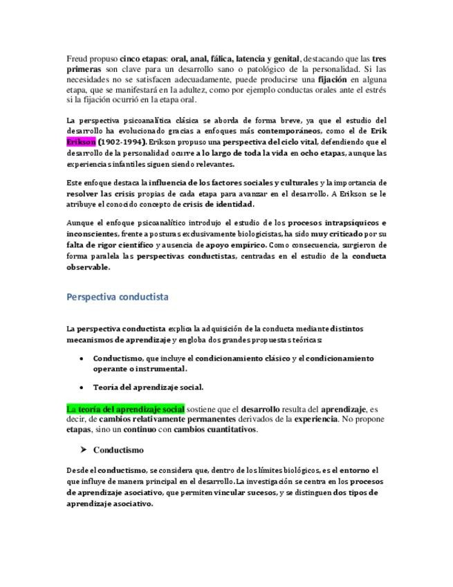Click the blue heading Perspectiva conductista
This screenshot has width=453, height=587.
tap(118, 297)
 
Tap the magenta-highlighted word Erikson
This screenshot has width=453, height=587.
tap(82, 141)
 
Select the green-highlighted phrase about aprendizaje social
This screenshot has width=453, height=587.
tap(125, 408)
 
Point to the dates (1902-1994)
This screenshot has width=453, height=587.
tap(122, 141)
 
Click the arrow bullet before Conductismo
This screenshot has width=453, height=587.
tap(83, 450)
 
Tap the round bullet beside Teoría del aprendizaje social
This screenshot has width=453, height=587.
tap(82, 388)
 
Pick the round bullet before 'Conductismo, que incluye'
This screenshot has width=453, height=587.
tap(82, 359)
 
